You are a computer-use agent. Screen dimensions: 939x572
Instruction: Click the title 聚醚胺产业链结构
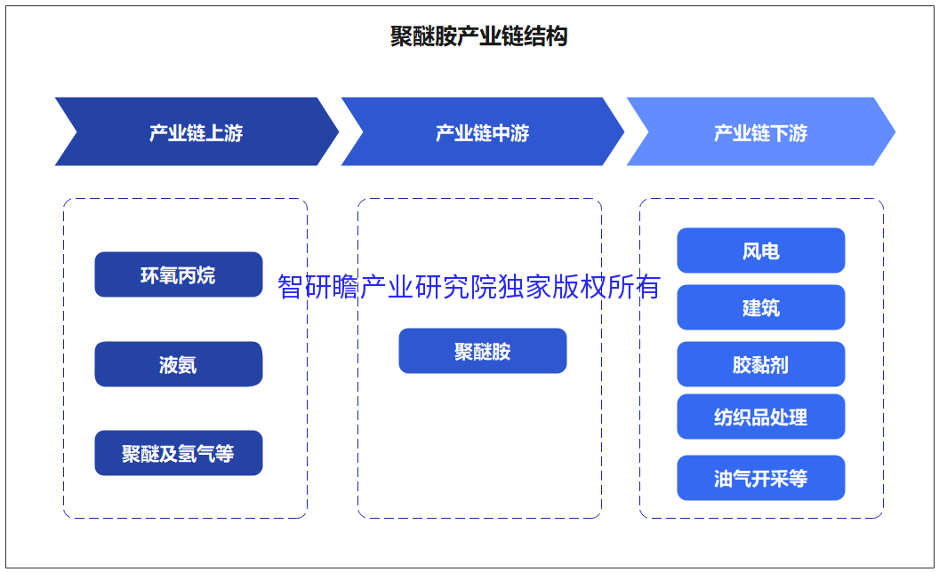coord(478,36)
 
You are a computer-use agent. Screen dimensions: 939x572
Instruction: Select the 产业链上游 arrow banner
coord(197,131)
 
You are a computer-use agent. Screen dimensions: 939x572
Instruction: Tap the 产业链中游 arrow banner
coord(483,131)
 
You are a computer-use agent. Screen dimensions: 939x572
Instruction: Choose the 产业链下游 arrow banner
coord(760,131)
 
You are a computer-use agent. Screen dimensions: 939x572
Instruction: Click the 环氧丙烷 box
coord(179,274)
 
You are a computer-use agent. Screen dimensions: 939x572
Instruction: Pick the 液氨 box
coord(179,364)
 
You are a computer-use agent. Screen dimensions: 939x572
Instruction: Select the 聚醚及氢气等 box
coord(179,453)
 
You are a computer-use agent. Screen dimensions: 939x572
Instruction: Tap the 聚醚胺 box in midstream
coord(483,351)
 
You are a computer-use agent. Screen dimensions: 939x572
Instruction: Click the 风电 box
coord(761,250)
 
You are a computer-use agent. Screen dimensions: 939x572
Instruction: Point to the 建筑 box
coord(761,307)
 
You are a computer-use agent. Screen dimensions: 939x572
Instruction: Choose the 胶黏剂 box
coord(761,364)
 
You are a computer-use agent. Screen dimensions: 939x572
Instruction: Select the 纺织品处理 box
coord(761,417)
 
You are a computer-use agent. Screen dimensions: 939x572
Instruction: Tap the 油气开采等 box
coord(761,478)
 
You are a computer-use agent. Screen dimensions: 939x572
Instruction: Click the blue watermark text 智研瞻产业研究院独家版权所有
coord(469,287)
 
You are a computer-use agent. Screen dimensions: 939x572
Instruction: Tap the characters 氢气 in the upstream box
coord(197,454)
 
